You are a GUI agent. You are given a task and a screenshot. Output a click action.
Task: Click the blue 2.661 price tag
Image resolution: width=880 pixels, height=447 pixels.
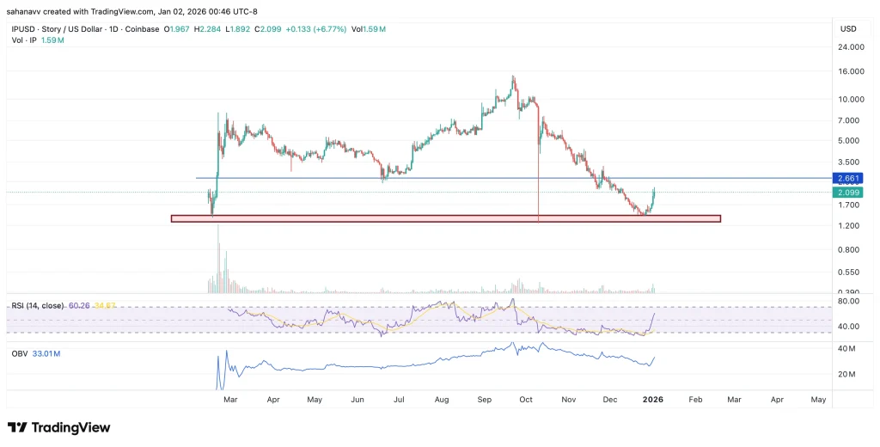(847, 179)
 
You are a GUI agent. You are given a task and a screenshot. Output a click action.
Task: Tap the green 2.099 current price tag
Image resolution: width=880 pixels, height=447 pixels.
(847, 193)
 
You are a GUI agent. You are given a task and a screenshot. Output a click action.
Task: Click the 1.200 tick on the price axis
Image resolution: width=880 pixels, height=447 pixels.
(846, 226)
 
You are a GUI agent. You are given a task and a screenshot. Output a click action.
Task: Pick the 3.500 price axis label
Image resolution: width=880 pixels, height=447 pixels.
(846, 162)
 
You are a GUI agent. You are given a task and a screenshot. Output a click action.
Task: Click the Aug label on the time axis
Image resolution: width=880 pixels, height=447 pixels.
(442, 400)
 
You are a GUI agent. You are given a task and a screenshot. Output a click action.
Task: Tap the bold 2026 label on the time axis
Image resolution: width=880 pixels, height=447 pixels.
(652, 400)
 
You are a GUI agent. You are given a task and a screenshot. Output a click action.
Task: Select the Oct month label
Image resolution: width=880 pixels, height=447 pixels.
(526, 400)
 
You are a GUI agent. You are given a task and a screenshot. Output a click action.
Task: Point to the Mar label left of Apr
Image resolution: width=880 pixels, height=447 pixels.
(230, 400)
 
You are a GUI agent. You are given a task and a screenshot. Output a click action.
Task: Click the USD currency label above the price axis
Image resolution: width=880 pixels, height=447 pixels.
(847, 29)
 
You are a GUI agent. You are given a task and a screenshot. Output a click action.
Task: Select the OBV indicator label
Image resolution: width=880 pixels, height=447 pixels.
(20, 353)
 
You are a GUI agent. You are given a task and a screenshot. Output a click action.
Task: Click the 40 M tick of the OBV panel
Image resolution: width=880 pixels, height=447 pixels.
(846, 349)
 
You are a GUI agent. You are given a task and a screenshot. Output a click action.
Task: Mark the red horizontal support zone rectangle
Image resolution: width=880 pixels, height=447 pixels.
(445, 218)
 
